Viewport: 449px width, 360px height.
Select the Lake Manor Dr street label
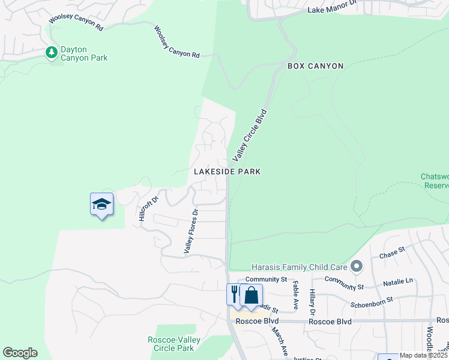coord(332,10)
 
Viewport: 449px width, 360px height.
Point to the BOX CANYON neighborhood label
coord(315,66)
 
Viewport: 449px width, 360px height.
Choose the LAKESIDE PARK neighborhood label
coord(227,172)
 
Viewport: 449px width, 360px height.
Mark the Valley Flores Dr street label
coord(191,231)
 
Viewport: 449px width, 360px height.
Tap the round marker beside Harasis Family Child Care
coord(357,265)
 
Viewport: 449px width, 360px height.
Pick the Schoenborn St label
coord(372,299)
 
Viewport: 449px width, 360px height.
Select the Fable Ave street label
coord(295,296)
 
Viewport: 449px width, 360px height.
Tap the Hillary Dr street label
coord(312,302)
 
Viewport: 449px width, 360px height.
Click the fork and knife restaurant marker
coord(234,295)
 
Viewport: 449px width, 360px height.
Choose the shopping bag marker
coord(251,295)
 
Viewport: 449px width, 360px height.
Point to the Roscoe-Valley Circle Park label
coord(174,344)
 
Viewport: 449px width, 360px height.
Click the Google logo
coord(20,353)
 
